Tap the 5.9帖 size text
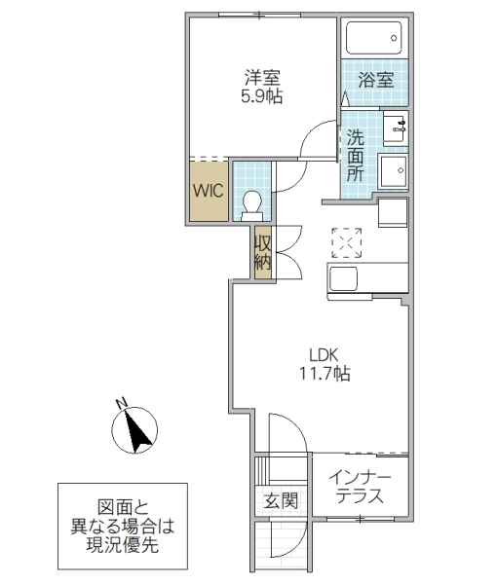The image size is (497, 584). (x=260, y=97)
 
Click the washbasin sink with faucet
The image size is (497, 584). (x=396, y=127)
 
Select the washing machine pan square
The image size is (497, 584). (x=395, y=172)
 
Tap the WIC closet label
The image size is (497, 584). (x=208, y=190)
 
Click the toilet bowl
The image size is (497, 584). (x=251, y=203)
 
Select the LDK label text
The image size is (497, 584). (x=324, y=354)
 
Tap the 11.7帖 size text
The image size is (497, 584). (x=324, y=373)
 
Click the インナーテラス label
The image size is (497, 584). (x=360, y=487)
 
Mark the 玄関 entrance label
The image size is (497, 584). (x=279, y=501)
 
